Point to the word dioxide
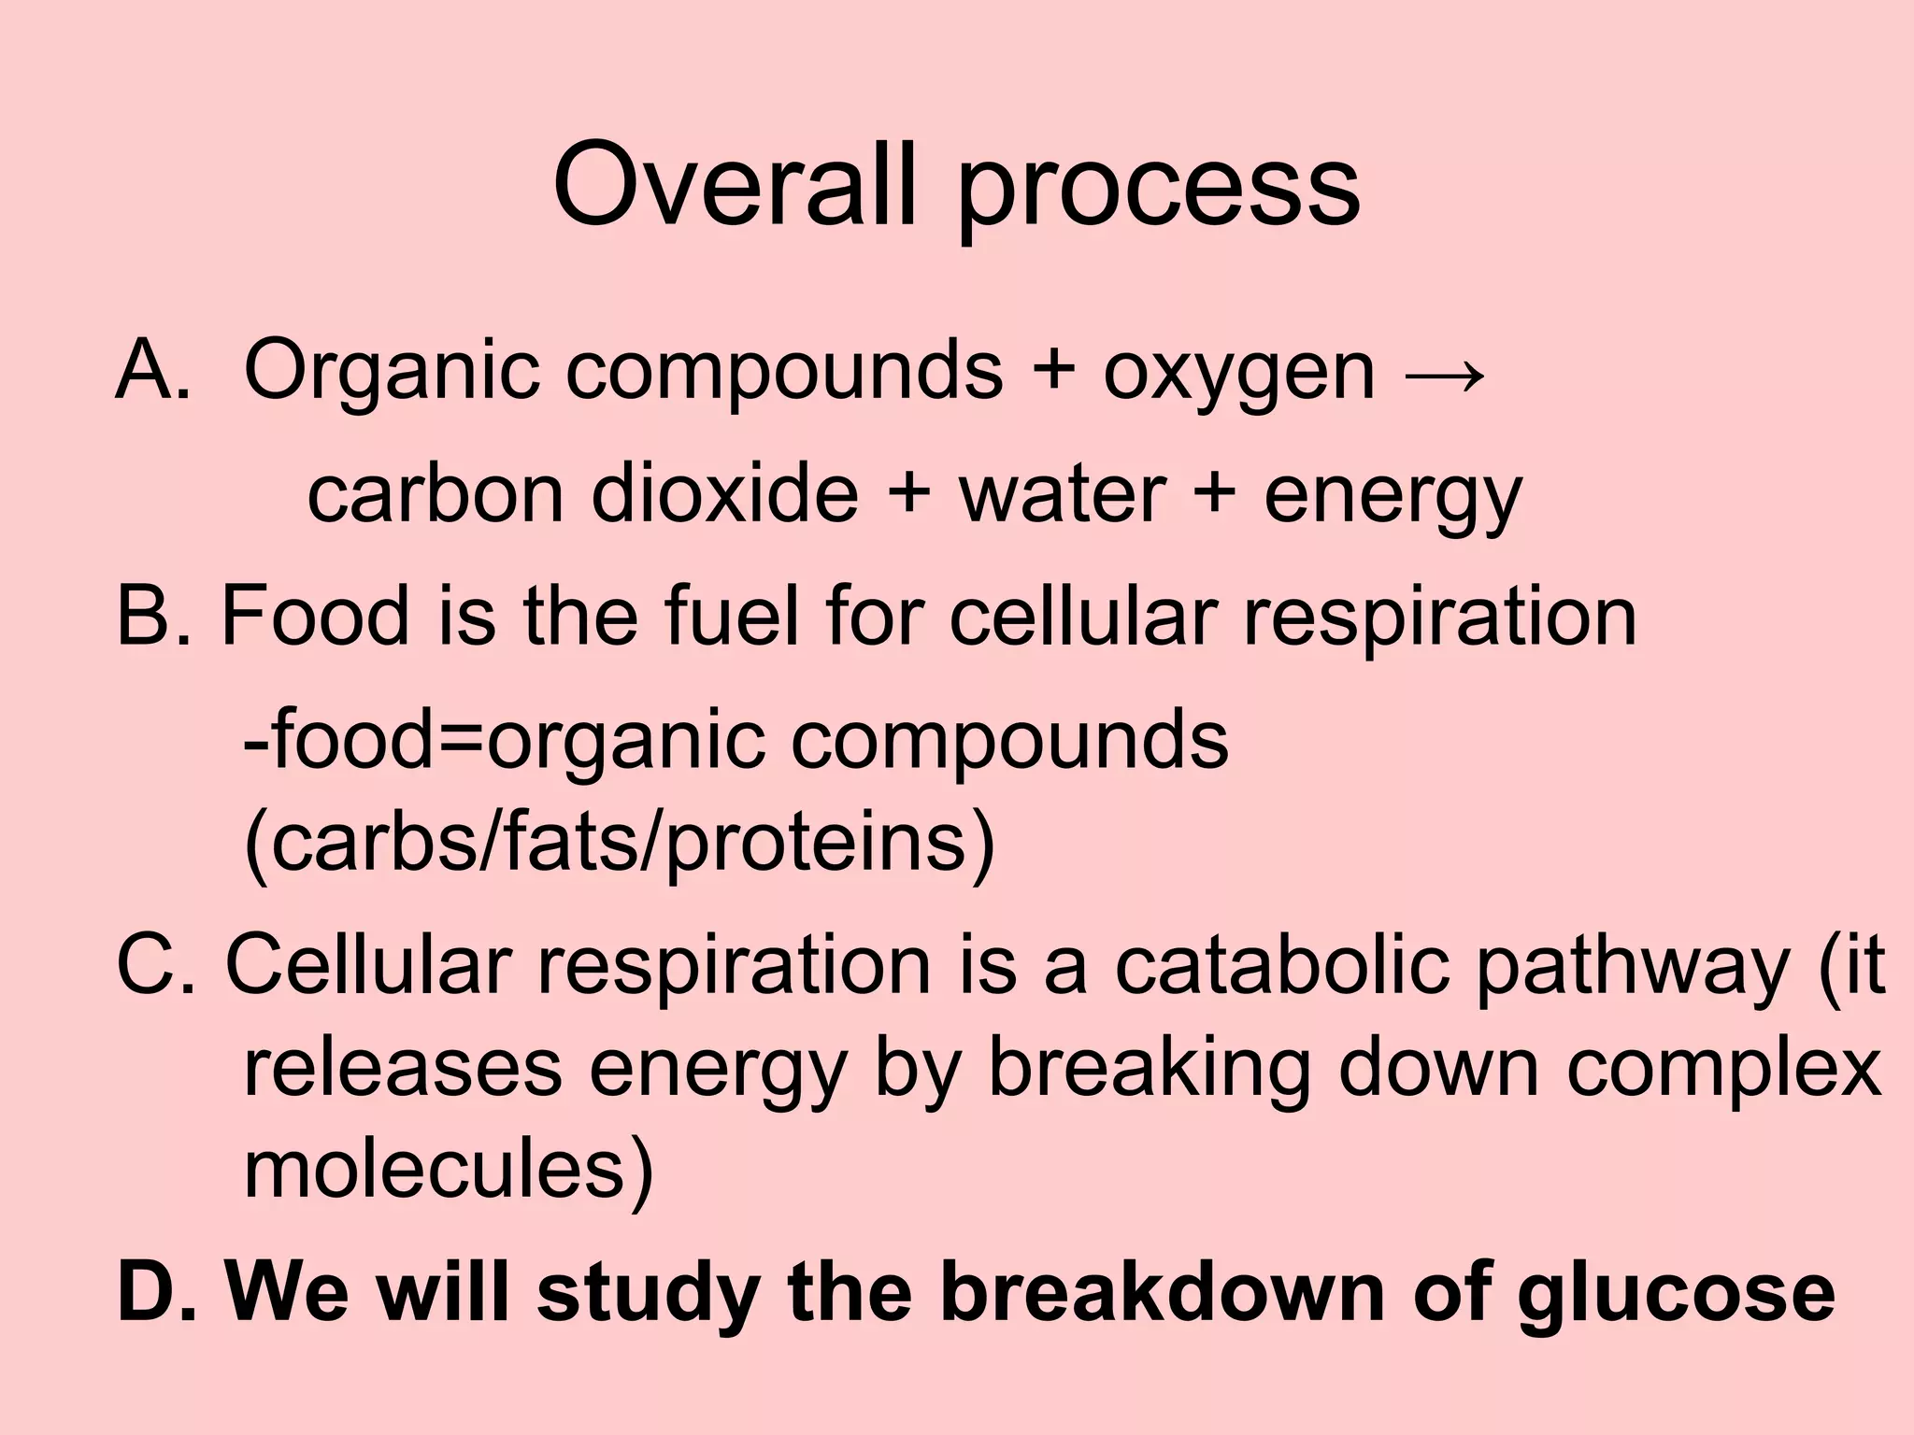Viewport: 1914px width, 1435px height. pos(724,494)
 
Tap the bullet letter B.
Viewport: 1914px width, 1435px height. pos(144,617)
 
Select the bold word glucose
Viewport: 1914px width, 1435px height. pos(1677,1294)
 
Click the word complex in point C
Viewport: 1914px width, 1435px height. pos(1723,1070)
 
